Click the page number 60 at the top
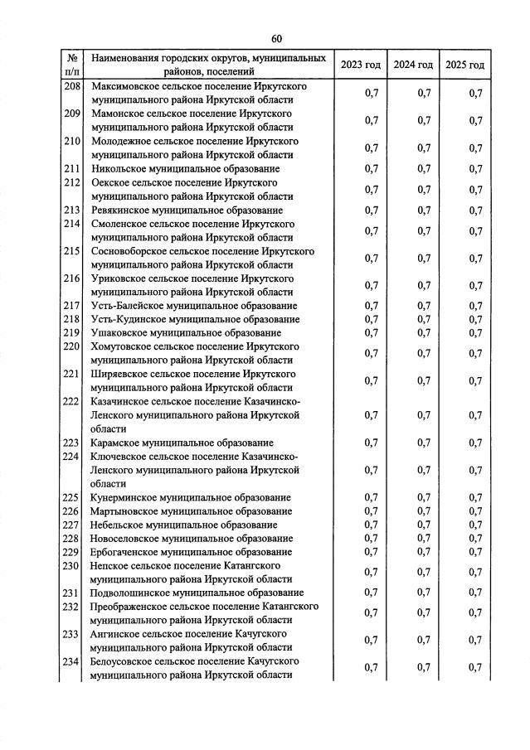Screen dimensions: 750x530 (276, 39)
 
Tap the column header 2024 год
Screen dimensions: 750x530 (413, 65)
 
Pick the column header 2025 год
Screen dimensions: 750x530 (464, 65)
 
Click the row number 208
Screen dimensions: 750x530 (72, 87)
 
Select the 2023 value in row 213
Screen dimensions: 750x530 (371, 210)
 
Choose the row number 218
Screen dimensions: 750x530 (72, 319)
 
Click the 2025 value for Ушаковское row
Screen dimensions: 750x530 (475, 333)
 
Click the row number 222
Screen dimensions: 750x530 (72, 401)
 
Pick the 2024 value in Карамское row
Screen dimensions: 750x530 (424, 443)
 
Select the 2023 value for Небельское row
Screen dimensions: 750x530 (371, 525)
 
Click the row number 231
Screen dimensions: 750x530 (72, 593)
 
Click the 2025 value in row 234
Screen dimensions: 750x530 (475, 668)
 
